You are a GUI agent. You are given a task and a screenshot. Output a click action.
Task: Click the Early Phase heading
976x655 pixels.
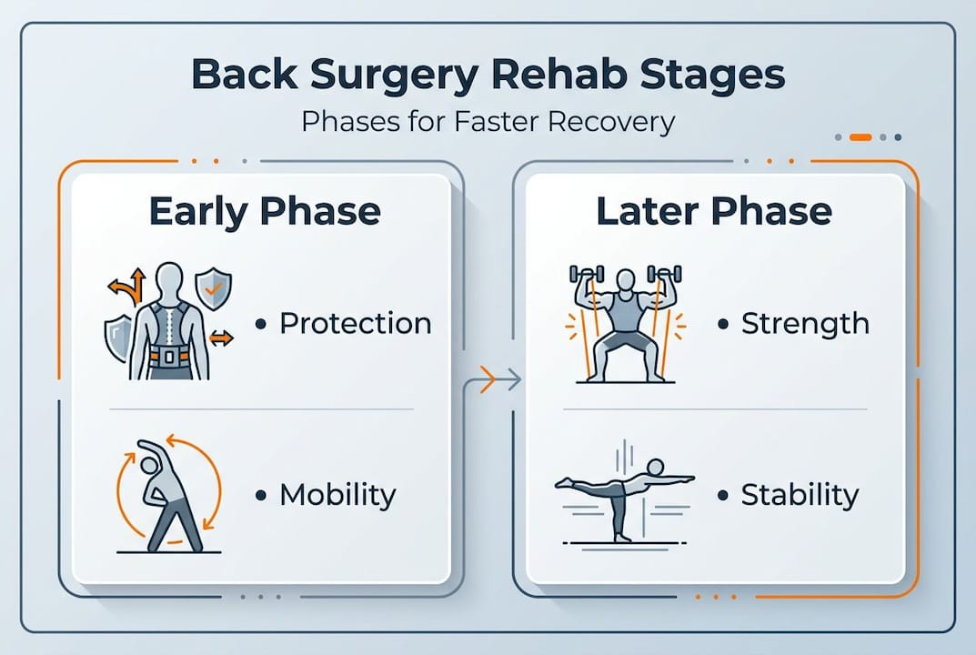pos(264,211)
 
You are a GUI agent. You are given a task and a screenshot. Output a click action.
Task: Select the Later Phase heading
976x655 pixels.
pos(713,211)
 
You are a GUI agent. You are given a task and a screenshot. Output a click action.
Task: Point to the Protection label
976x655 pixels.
pos(355,324)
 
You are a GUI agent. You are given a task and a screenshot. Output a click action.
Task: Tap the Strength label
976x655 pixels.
pos(805,324)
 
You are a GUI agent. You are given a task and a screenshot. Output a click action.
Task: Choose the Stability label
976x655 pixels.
pos(800,495)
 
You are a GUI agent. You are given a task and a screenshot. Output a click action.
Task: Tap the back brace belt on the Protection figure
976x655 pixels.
pos(168,352)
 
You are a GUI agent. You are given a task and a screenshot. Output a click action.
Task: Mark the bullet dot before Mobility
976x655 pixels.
pos(262,496)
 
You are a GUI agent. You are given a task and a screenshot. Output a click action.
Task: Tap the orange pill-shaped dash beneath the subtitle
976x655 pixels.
pos(860,137)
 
